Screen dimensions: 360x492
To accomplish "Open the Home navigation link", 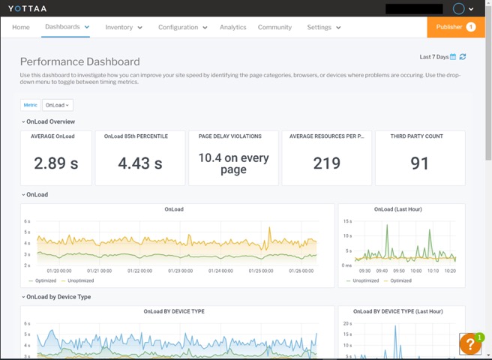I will pyautogui.click(x=21, y=27).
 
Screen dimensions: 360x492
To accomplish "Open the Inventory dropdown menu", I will pyautogui.click(x=124, y=27).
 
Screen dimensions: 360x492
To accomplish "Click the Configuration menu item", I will pyautogui.click(x=182, y=27).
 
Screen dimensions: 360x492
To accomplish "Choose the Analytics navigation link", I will pyautogui.click(x=232, y=27).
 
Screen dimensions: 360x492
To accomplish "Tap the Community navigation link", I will pyautogui.click(x=274, y=27).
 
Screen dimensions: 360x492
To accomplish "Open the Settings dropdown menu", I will pyautogui.click(x=323, y=27).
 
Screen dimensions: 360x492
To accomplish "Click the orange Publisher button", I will pyautogui.click(x=455, y=27).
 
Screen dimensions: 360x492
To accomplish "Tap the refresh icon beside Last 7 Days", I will pyautogui.click(x=463, y=57).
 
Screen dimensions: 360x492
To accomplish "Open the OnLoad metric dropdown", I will pyautogui.click(x=58, y=105).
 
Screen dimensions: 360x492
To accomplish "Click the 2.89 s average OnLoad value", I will pyautogui.click(x=57, y=163).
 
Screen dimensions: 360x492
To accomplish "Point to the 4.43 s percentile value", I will pyautogui.click(x=139, y=163).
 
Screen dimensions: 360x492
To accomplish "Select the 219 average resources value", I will pyautogui.click(x=326, y=163).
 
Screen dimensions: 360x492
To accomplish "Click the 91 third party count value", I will pyautogui.click(x=420, y=163).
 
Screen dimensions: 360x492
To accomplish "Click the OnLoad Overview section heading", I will pyautogui.click(x=50, y=121).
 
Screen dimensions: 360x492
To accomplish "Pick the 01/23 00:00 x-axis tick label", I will pyautogui.click(x=180, y=271).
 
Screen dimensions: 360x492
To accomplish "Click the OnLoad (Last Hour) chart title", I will pyautogui.click(x=403, y=209).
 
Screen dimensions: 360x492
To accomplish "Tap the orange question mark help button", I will pyautogui.click(x=469, y=344).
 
